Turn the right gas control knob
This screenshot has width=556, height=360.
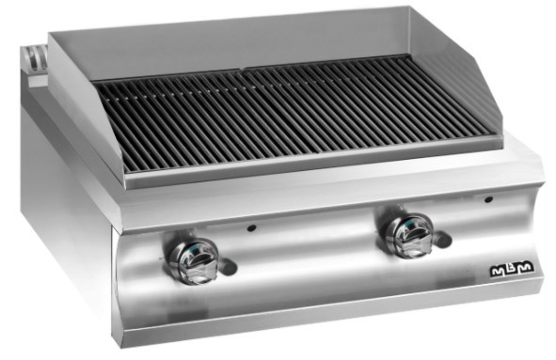[x=407, y=234]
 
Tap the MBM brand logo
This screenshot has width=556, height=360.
[x=512, y=270]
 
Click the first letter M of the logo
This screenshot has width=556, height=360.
[x=497, y=272]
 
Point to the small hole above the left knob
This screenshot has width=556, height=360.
[x=251, y=228]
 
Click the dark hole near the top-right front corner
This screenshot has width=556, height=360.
[x=488, y=199]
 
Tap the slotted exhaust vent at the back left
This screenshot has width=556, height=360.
[x=35, y=58]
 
